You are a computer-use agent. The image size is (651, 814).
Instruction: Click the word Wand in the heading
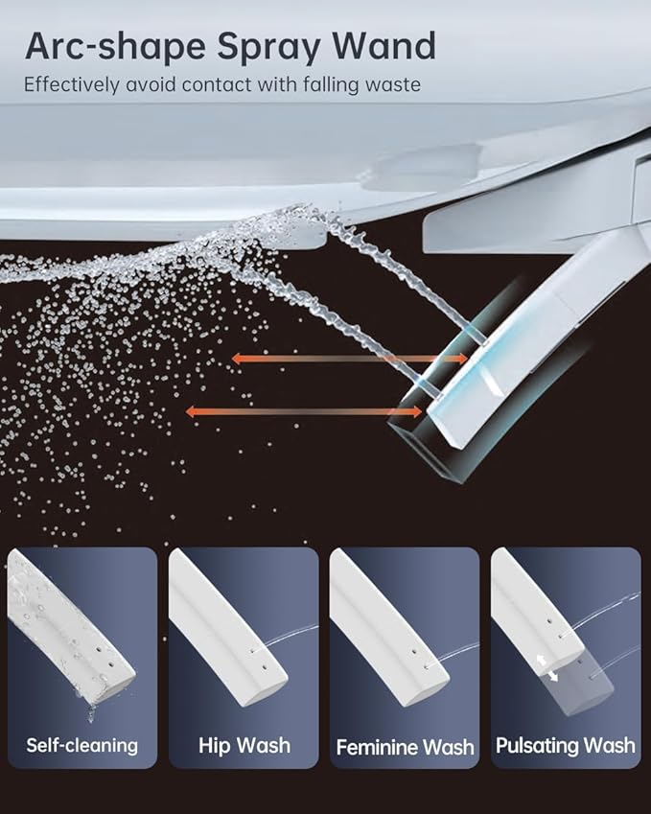tap(384, 46)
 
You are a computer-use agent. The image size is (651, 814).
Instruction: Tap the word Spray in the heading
tap(268, 48)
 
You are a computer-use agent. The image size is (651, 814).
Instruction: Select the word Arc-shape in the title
tap(115, 48)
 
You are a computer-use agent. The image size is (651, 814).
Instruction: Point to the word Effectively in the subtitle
tap(72, 84)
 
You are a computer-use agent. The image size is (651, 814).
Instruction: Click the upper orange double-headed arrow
tap(349, 359)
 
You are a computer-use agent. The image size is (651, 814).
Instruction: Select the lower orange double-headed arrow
tap(304, 411)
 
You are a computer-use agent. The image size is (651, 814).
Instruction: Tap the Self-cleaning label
tap(82, 746)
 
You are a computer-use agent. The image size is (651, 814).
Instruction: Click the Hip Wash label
tap(244, 746)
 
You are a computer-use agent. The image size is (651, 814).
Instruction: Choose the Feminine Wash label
tap(405, 747)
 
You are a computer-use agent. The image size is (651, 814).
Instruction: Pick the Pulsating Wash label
tap(566, 746)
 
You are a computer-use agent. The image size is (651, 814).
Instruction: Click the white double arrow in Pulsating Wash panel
tap(547, 667)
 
